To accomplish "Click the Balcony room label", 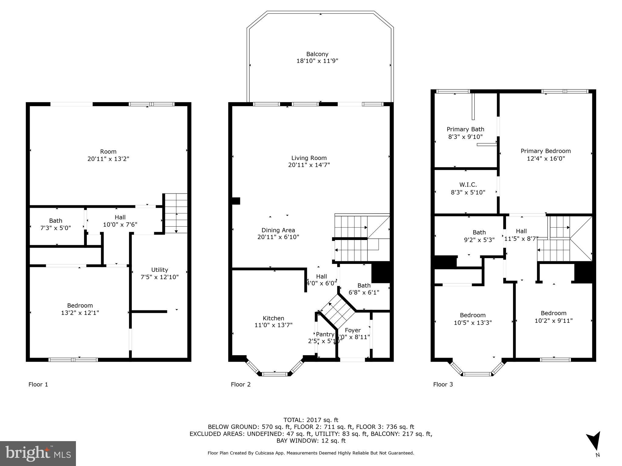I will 317,54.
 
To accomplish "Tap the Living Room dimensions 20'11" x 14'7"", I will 309,165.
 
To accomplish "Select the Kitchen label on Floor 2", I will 273,318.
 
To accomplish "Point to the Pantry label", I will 325,334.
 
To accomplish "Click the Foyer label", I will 353,330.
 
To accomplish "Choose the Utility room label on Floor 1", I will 159,270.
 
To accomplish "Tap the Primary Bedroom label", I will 545,151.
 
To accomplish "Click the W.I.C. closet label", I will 468,184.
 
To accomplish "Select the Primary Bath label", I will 465,129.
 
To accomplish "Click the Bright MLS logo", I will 38,453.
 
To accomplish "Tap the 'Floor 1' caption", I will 38,384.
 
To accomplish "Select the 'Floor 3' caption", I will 443,384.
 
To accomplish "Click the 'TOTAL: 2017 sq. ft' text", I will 311,420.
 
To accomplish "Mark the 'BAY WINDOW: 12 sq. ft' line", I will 311,441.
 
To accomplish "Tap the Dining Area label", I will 278,230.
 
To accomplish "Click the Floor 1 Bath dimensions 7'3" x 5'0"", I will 56,228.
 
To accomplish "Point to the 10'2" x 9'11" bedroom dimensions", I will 553,320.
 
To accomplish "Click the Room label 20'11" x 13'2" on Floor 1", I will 108,155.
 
